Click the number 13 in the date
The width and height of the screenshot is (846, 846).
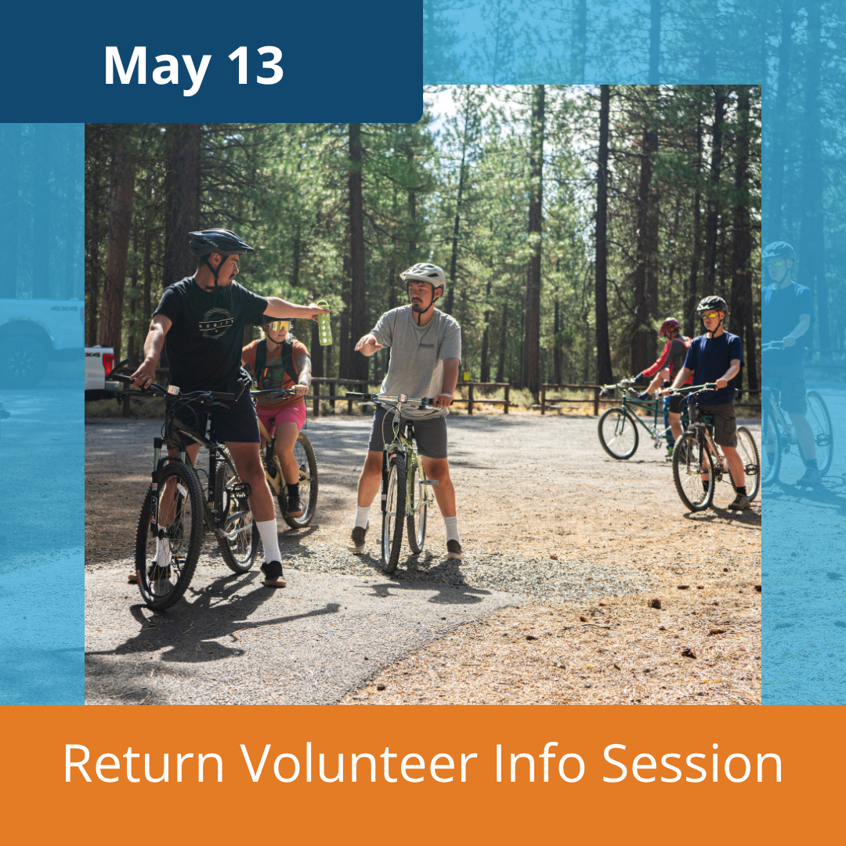click(x=255, y=65)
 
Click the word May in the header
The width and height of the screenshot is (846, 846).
click(x=157, y=69)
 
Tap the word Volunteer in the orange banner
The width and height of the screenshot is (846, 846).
click(x=359, y=763)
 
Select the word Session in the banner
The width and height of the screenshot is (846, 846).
click(x=692, y=763)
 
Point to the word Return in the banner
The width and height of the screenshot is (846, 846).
click(x=143, y=763)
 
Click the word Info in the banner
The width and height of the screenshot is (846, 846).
click(x=540, y=763)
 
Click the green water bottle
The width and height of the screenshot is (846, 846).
click(x=324, y=323)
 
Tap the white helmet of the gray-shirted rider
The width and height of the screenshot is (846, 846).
click(x=423, y=275)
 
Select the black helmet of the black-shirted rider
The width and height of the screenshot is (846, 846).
click(x=219, y=242)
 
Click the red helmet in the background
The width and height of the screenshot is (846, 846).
click(x=670, y=325)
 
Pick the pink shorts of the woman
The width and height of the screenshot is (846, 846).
click(x=281, y=415)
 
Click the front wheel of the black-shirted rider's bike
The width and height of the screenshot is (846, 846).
click(x=169, y=534)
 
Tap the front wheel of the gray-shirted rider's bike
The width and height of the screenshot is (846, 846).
click(x=393, y=512)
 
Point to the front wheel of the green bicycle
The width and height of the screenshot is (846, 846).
click(x=618, y=433)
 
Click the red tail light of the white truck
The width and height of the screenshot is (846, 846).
click(x=108, y=365)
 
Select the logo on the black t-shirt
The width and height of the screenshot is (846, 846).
click(x=216, y=323)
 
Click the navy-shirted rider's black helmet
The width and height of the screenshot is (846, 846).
click(x=711, y=305)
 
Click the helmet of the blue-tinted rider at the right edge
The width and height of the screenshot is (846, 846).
click(x=779, y=251)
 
